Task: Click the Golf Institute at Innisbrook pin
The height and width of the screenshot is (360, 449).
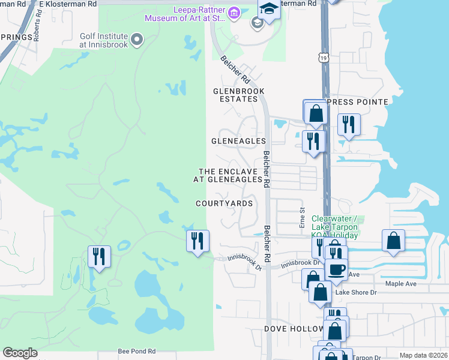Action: click(137, 40)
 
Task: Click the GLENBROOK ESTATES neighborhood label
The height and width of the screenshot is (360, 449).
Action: click(239, 95)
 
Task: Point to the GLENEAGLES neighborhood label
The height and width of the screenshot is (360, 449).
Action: click(238, 141)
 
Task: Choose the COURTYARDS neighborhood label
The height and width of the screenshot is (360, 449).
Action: click(224, 203)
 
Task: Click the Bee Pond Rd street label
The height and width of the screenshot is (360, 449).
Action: click(136, 351)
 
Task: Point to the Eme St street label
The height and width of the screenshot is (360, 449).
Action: click(303, 218)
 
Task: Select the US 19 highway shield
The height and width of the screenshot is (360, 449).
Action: click(324, 57)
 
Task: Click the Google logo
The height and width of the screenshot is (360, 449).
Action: click(20, 353)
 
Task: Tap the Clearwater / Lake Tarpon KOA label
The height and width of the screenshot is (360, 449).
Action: click(335, 227)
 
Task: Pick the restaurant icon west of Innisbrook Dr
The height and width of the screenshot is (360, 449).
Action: click(197, 241)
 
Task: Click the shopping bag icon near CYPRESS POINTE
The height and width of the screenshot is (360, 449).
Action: click(315, 112)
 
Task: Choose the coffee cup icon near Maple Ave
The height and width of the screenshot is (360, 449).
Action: click(337, 268)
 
